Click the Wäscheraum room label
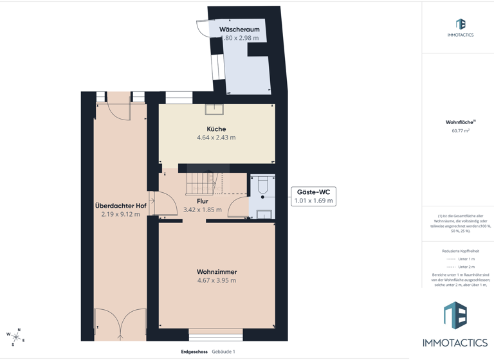point(239,30)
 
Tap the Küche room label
point(216,129)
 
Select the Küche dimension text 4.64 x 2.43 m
point(216,138)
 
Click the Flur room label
point(202,201)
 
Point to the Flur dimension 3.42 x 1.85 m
point(202,210)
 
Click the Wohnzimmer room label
point(216,272)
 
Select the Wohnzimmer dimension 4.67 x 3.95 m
point(216,280)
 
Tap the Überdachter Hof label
point(120,206)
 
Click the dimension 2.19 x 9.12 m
point(120,214)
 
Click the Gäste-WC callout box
point(313,196)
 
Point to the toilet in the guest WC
point(262,186)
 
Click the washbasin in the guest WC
point(264,215)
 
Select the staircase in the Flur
point(200,183)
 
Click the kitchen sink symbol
point(214,109)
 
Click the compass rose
point(15,336)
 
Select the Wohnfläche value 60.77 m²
point(461,130)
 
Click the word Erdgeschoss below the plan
point(194,352)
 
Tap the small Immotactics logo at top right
point(461,27)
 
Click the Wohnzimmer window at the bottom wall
point(216,334)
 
